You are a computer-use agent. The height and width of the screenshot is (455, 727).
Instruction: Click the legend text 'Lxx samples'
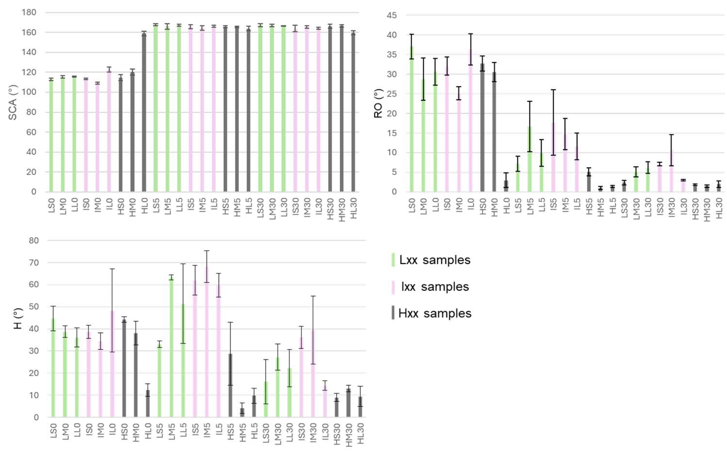click(435, 260)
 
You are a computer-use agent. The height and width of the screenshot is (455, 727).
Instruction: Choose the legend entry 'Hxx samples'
click(435, 314)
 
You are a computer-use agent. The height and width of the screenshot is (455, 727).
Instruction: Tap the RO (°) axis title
click(378, 104)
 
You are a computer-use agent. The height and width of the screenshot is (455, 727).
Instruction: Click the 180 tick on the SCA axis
click(29, 12)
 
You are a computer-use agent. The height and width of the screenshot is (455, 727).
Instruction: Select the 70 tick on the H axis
click(34, 263)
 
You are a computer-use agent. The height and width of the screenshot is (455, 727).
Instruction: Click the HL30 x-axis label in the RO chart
click(719, 208)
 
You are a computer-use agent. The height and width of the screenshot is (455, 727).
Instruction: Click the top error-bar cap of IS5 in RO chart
click(553, 90)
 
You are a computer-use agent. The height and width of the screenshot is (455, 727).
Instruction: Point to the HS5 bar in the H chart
click(230, 385)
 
